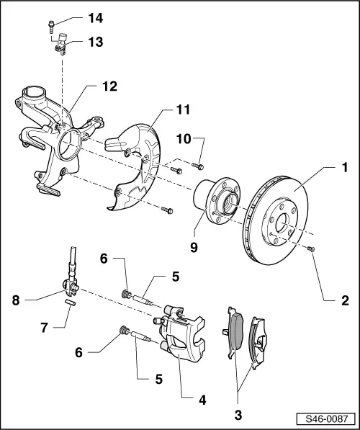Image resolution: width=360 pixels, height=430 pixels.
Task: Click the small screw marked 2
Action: coord(310,248)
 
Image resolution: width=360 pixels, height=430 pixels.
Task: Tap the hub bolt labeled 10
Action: coord(199,165)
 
